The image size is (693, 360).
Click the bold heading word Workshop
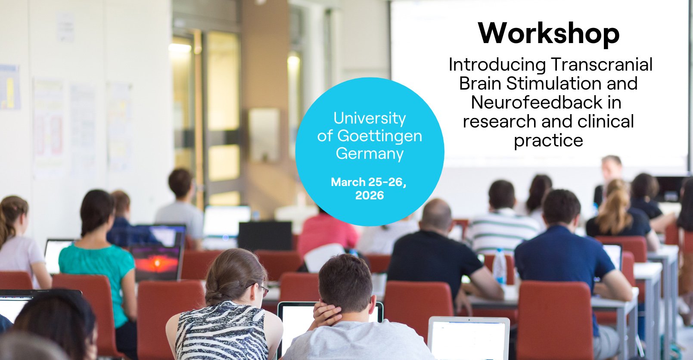click(x=549, y=34)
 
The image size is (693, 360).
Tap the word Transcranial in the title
click(x=601, y=65)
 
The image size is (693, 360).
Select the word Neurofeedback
click(x=537, y=102)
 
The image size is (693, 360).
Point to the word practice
click(x=548, y=141)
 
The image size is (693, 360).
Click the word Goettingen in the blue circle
click(x=379, y=136)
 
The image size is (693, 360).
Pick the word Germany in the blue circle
click(x=370, y=154)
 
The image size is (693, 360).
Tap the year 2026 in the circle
click(x=370, y=196)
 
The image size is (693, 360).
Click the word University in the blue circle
click(x=370, y=118)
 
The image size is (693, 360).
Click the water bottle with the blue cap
click(x=499, y=267)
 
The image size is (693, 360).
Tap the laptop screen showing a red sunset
click(x=156, y=263)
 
